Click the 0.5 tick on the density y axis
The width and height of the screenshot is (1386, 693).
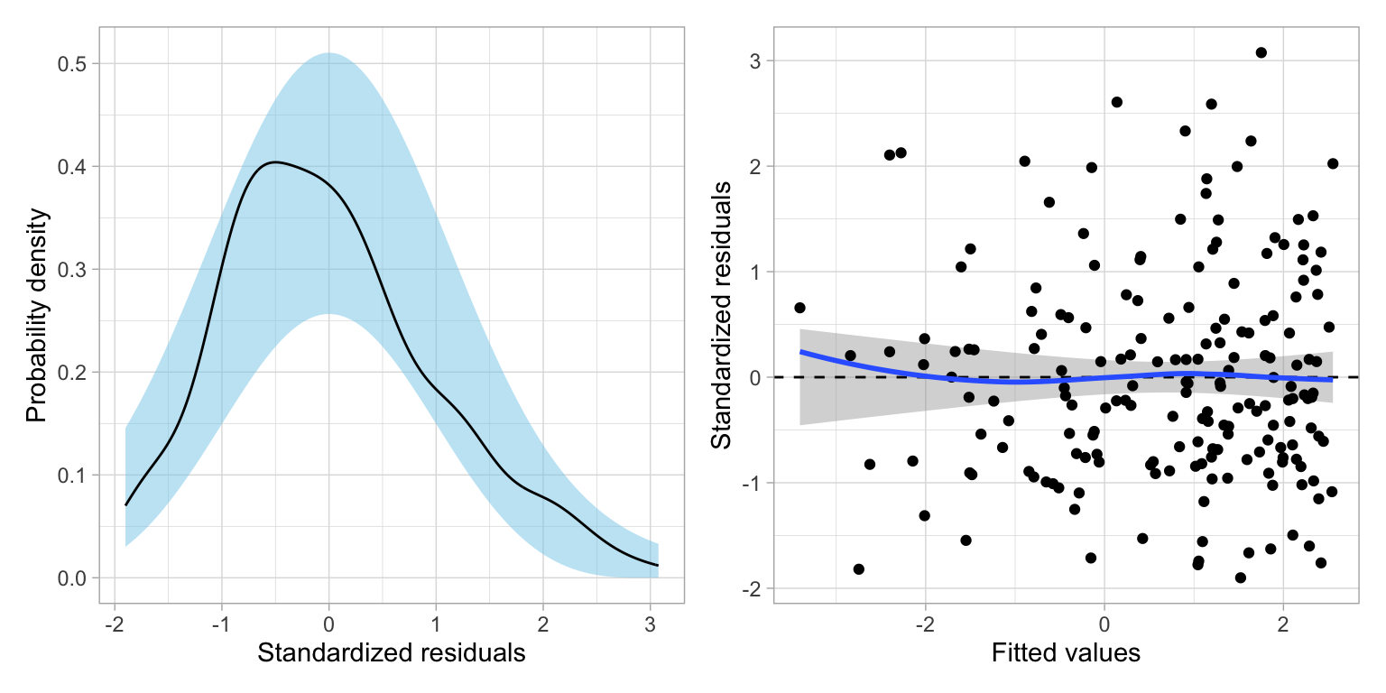(78, 64)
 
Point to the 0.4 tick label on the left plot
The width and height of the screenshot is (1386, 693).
(78, 167)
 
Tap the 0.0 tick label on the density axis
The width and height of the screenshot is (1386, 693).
(78, 577)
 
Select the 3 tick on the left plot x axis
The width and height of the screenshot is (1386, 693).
(651, 624)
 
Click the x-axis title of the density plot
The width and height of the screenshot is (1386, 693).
(391, 653)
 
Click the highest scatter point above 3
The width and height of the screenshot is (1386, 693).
(1261, 52)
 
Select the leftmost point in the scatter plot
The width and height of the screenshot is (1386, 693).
(799, 308)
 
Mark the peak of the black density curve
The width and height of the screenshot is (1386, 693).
(275, 162)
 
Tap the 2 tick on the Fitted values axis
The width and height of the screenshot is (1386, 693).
(1282, 624)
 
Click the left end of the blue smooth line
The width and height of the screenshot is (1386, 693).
(800, 352)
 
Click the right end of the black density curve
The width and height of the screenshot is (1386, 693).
(658, 565)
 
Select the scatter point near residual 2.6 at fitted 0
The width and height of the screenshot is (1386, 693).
(1116, 102)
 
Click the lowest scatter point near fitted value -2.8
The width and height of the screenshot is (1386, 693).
(858, 569)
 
